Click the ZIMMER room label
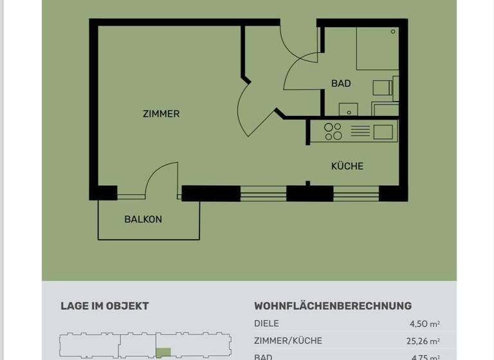[x=161, y=114]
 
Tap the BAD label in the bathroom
[x=341, y=84]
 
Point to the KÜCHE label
[x=347, y=166]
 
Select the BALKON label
[x=143, y=219]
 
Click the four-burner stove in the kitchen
[x=333, y=132]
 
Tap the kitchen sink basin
[x=383, y=132]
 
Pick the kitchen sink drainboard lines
[x=360, y=132]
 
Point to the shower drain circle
[x=393, y=32]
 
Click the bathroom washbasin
[x=348, y=110]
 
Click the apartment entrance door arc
[x=298, y=41]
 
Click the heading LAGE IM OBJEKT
[x=104, y=306]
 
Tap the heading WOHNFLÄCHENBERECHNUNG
[x=333, y=306]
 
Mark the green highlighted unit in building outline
[x=164, y=352]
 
